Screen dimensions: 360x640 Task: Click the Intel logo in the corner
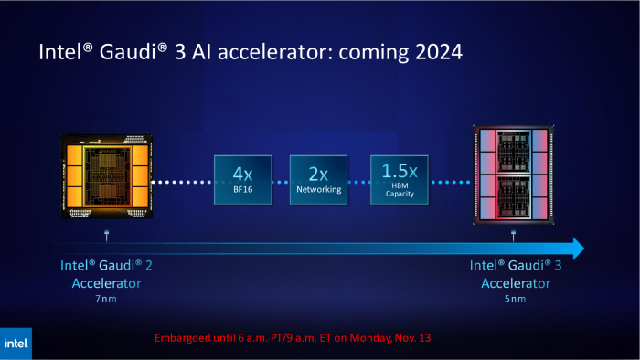(x=16, y=344)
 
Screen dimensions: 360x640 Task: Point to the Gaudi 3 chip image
(x=514, y=176)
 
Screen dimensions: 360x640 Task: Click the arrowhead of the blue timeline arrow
(x=575, y=248)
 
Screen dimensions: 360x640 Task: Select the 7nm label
(x=107, y=299)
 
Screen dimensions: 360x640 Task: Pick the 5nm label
(x=514, y=299)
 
